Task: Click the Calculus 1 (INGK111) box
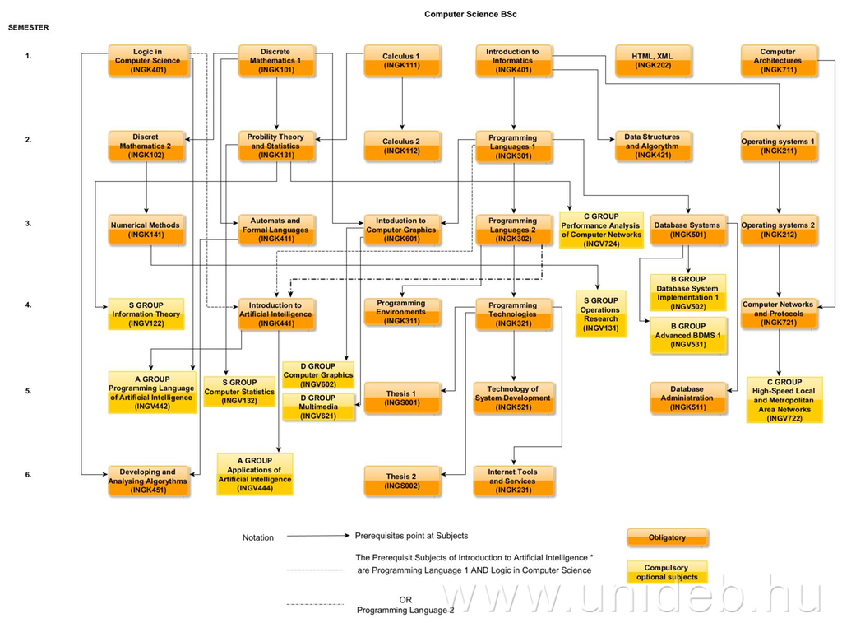[x=401, y=61]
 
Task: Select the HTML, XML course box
[x=654, y=61]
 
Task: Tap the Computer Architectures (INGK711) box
[x=778, y=61]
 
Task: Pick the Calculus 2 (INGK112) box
[x=401, y=146]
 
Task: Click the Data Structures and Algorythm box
[x=653, y=146]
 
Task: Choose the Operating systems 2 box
[x=778, y=230]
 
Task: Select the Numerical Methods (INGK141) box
[x=146, y=230]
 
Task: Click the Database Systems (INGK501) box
[x=687, y=230]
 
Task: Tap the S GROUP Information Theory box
[x=146, y=314]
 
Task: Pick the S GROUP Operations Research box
[x=599, y=314]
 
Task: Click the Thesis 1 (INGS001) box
[x=401, y=398]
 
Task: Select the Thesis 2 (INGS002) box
[x=401, y=481]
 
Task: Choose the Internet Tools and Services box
[x=513, y=481]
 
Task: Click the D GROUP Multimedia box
[x=317, y=407]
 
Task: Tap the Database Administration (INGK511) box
[x=687, y=398]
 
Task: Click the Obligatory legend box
[x=667, y=537]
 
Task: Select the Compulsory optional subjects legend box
[x=667, y=572]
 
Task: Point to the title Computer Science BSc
[x=471, y=14]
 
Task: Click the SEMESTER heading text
[x=29, y=27]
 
